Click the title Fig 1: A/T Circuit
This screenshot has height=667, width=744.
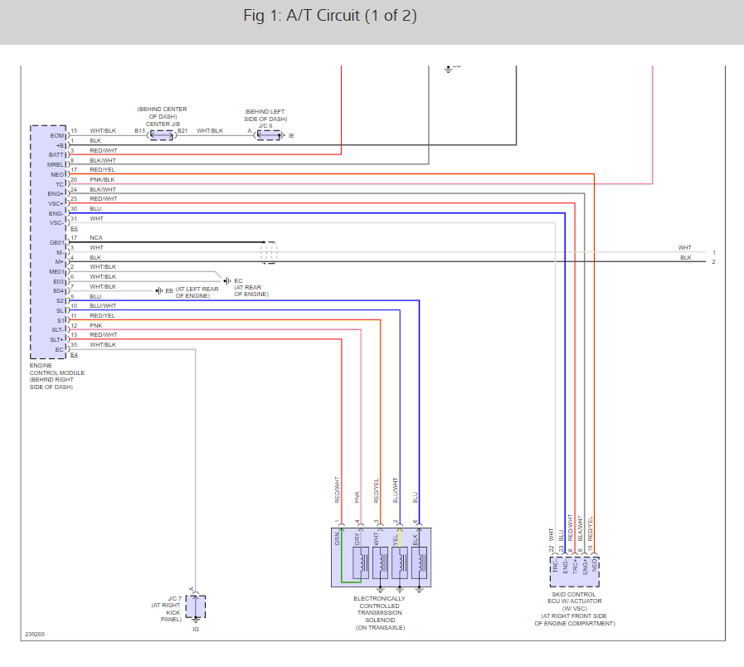tap(330, 17)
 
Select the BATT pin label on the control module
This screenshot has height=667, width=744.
tap(56, 154)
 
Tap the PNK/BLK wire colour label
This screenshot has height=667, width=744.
tap(102, 179)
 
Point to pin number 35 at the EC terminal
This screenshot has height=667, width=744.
tap(74, 344)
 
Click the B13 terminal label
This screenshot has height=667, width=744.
tap(139, 131)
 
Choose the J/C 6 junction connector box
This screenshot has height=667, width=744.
tap(268, 134)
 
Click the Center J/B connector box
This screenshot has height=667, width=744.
tap(161, 134)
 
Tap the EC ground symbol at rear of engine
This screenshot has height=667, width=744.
tap(227, 280)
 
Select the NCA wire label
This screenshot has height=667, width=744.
tap(96, 238)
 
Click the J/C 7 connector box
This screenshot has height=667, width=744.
tap(196, 606)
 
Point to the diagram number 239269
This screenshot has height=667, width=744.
tap(35, 635)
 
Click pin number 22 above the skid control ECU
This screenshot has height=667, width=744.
tap(552, 548)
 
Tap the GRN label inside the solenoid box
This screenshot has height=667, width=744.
tap(338, 538)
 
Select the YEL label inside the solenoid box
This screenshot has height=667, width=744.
tap(396, 538)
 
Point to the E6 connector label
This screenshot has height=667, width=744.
tap(74, 228)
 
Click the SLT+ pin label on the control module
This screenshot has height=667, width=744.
tap(57, 339)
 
